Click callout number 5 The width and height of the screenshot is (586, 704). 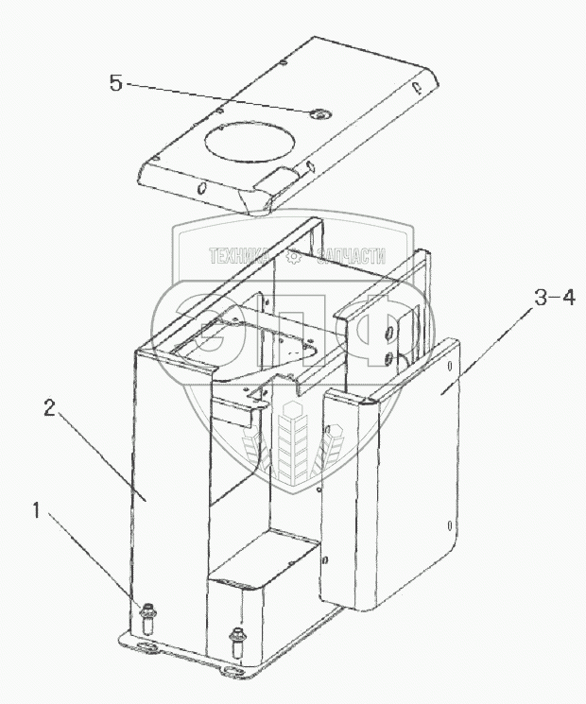point(115,83)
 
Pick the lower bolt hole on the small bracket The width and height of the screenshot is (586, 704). point(388,356)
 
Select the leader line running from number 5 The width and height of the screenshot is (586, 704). point(217,98)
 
